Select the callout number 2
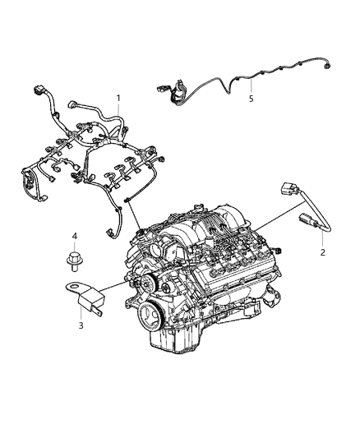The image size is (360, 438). point(322,252)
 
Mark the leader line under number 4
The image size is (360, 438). point(73,247)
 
